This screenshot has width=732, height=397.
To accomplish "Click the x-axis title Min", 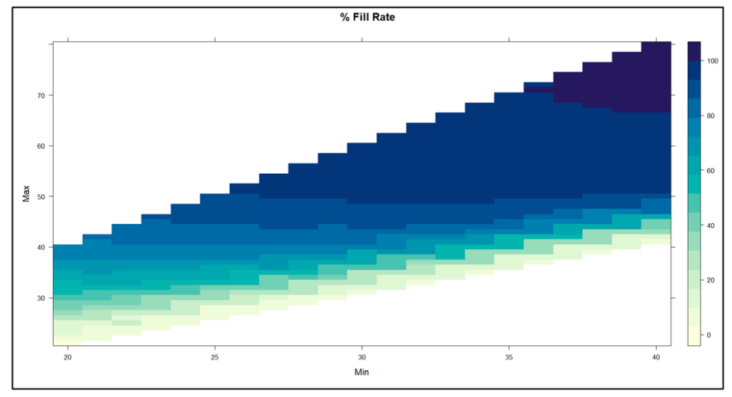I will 362,371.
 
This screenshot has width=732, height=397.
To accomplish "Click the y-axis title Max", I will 26,196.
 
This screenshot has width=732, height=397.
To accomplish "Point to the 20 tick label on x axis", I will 67,357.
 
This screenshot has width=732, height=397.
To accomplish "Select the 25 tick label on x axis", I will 215,357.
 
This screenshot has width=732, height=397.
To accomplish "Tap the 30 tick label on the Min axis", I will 362,357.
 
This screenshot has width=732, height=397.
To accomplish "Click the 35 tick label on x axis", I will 509,357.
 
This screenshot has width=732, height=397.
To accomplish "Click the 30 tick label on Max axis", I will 39,298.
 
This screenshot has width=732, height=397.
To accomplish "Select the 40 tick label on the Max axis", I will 39,247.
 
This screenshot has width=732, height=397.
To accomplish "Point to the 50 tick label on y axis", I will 39,196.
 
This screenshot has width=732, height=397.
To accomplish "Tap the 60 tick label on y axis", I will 39,146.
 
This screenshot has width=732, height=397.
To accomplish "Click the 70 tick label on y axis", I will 39,96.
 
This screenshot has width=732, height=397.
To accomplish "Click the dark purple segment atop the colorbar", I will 694,51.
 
